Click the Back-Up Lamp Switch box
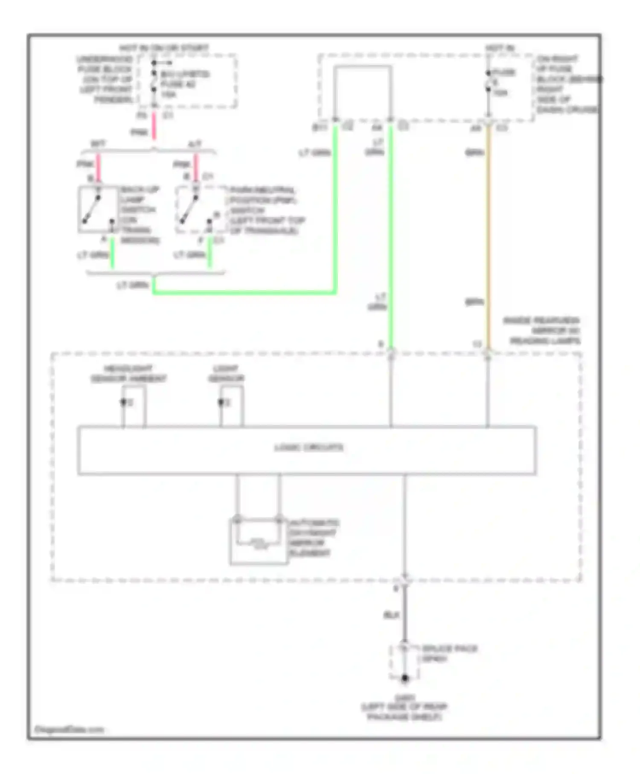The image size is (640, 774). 98,210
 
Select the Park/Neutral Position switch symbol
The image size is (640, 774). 195,210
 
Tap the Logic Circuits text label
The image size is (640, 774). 308,448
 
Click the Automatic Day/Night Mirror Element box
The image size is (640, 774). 259,541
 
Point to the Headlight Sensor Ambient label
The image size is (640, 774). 128,374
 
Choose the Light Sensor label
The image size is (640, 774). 226,374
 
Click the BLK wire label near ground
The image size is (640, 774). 391,615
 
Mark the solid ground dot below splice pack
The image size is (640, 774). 404,678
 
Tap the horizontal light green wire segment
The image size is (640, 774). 243,293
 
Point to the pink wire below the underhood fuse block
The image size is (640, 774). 154,127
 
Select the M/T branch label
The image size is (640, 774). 98,144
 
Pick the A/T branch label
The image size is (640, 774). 195,144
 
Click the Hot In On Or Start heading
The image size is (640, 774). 164,48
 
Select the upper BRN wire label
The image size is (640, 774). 474,152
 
